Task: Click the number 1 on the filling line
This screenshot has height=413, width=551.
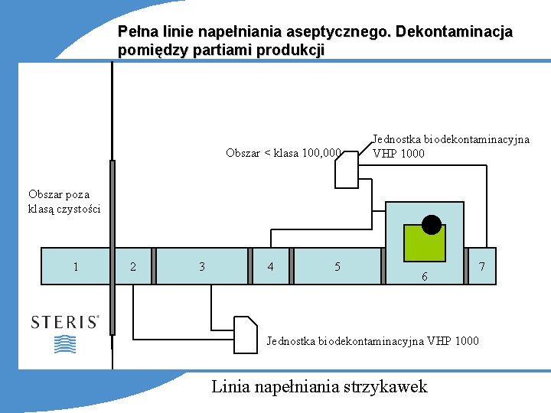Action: (x=75, y=266)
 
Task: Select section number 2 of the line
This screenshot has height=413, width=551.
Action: (x=134, y=266)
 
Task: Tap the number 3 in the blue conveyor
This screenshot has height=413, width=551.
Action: (x=202, y=266)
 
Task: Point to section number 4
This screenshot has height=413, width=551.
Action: (x=270, y=266)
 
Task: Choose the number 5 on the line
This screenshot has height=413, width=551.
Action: (x=337, y=266)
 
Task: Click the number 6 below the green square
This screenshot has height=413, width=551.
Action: (x=425, y=277)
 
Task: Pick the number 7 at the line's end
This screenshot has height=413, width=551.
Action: (x=481, y=266)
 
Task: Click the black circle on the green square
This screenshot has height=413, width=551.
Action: (x=432, y=225)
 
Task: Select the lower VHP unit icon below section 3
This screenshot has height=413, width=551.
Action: (x=246, y=334)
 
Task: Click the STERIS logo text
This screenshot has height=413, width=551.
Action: (x=65, y=323)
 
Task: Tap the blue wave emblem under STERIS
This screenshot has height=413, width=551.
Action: (x=65, y=344)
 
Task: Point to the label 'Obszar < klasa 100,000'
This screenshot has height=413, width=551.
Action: (x=283, y=153)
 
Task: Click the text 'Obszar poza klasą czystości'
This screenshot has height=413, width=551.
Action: (x=64, y=201)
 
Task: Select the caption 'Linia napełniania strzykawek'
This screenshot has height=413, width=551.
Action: (x=319, y=386)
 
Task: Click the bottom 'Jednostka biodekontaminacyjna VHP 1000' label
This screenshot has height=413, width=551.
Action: (x=373, y=340)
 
